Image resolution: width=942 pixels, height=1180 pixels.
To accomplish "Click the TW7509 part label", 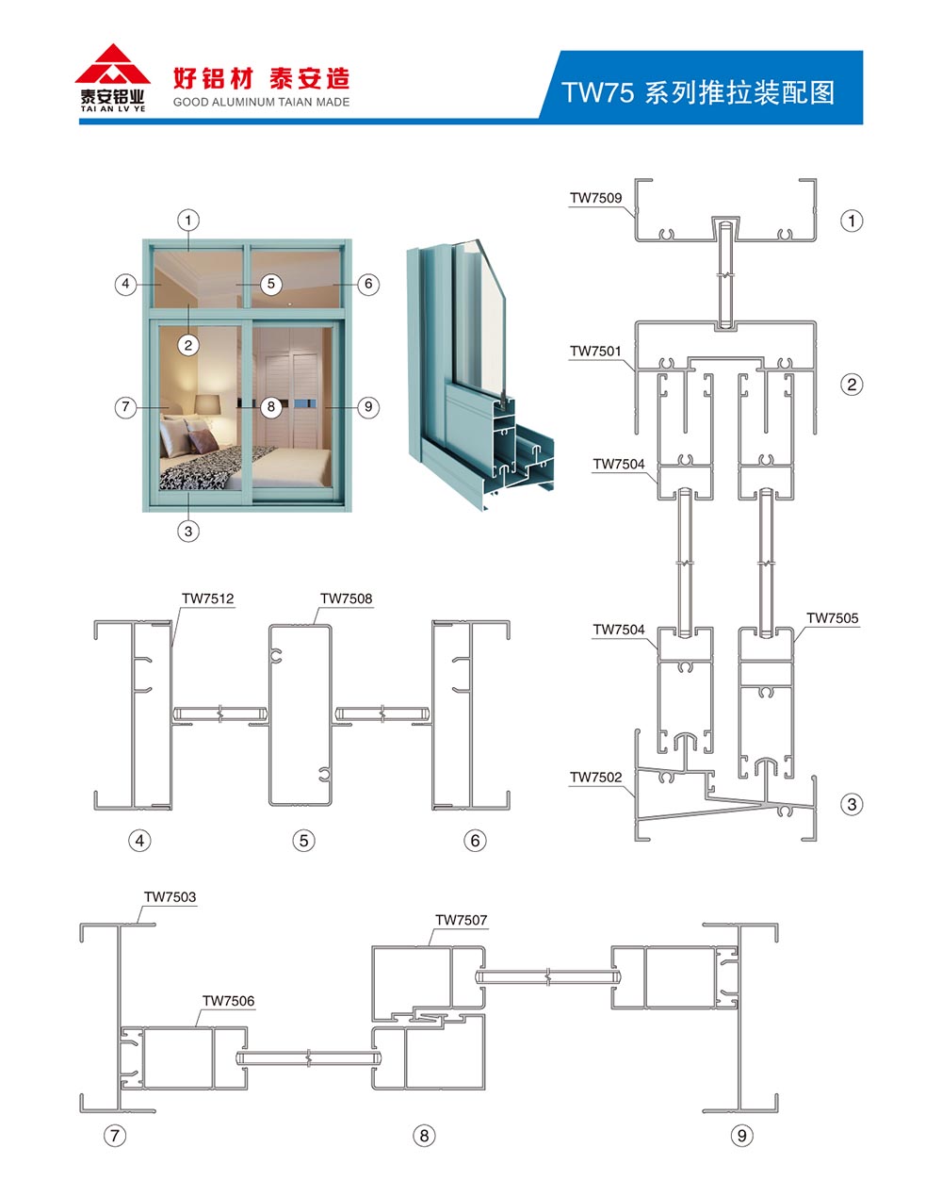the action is (595, 198).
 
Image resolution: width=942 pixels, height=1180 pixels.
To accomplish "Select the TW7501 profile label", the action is (595, 351).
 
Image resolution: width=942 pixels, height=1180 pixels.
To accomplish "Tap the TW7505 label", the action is (832, 618).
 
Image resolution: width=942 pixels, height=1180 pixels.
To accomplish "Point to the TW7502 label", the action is (595, 777).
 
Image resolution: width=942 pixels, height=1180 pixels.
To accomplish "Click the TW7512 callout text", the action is (207, 598).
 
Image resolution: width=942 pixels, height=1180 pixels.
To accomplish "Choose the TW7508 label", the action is (346, 598).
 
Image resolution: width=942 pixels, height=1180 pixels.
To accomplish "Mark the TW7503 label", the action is (170, 896).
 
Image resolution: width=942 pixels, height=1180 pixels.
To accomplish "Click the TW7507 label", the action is (461, 920).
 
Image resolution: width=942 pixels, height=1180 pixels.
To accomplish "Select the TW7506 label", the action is (229, 1001).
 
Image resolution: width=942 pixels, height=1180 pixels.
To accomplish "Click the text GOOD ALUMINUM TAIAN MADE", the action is (261, 102).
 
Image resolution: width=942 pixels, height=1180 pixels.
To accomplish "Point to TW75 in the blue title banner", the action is (598, 92).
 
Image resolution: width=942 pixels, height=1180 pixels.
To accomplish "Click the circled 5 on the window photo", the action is (270, 284).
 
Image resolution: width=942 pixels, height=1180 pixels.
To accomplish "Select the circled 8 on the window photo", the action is (270, 407).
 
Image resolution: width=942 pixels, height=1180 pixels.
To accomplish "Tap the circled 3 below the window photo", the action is (188, 531).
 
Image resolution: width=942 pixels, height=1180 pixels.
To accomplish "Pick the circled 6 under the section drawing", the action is (475, 841).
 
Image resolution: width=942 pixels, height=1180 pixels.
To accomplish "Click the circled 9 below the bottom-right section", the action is (742, 1135).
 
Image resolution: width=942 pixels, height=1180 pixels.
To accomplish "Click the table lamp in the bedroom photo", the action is (207, 407).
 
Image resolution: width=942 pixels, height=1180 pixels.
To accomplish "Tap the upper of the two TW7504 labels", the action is (619, 464).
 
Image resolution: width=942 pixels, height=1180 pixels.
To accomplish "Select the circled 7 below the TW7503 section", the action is (115, 1135).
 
